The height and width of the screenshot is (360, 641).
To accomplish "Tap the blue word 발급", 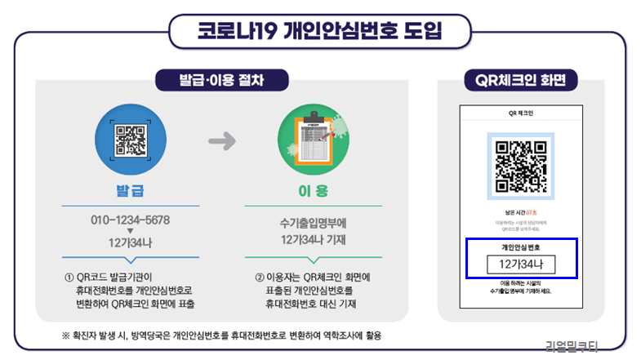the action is tap(130, 191).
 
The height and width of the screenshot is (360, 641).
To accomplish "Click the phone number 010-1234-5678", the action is tap(131, 220).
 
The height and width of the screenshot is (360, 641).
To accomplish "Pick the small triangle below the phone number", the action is tap(131, 231).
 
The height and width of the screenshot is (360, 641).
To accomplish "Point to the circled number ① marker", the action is tap(68, 277).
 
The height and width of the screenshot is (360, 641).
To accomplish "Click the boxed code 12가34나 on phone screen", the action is tap(521, 264).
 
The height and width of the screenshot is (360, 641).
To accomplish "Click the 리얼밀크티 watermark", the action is tap(572, 345).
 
